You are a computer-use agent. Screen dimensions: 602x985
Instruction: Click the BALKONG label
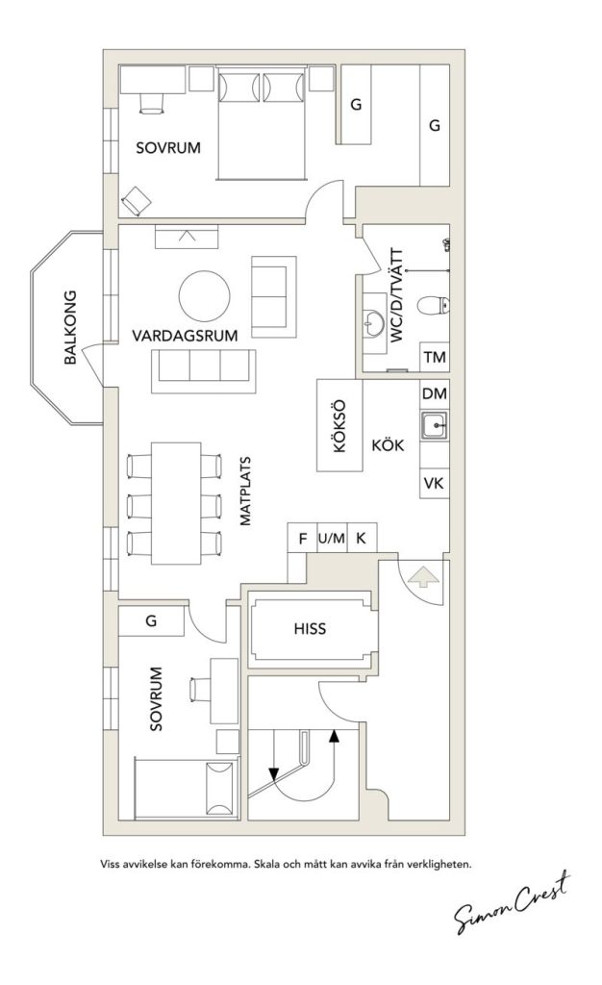[70, 327]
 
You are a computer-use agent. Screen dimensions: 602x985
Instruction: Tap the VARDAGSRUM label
[186, 336]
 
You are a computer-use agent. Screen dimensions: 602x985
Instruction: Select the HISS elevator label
[310, 629]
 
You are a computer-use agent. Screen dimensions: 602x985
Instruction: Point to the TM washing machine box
[435, 358]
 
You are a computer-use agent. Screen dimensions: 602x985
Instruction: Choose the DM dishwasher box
[435, 393]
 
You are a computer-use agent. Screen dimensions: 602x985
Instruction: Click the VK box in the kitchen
[435, 484]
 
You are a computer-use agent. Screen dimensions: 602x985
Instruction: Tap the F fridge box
[303, 539]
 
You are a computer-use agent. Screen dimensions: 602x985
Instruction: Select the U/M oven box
[332, 539]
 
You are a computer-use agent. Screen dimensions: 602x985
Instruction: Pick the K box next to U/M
[362, 539]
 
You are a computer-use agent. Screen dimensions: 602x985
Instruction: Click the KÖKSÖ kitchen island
[339, 426]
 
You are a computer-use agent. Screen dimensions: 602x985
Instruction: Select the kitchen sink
[435, 426]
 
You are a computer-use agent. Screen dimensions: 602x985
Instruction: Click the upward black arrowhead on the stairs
[334, 736]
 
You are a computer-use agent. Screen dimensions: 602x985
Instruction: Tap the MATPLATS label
[245, 491]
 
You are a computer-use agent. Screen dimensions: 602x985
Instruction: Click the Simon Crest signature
[513, 902]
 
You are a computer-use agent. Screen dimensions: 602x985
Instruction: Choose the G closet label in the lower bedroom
[151, 621]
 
